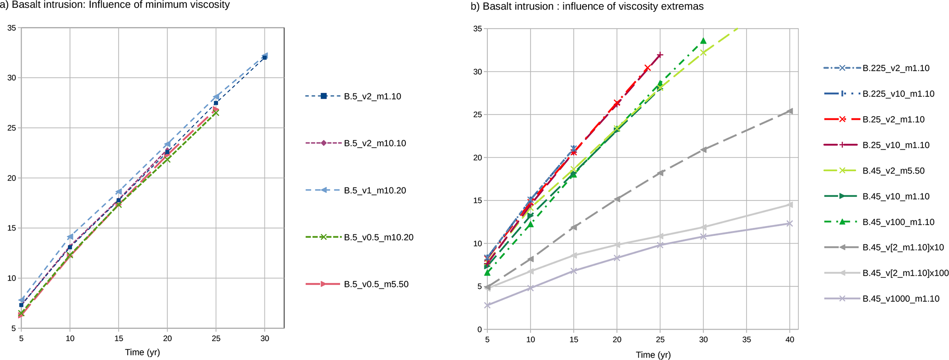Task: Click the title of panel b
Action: (x=587, y=6)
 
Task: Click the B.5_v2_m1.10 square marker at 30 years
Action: (x=265, y=57)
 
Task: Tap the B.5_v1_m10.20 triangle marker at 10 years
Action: (x=70, y=237)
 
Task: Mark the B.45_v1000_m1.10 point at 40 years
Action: (x=790, y=224)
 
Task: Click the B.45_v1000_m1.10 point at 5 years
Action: (x=488, y=305)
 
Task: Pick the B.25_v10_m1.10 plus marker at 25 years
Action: (x=660, y=55)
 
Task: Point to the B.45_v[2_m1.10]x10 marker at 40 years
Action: (x=790, y=111)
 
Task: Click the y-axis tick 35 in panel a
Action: (x=12, y=28)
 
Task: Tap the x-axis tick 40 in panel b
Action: (x=790, y=340)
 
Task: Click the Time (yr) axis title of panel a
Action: (x=142, y=353)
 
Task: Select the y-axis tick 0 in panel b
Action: (x=479, y=330)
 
